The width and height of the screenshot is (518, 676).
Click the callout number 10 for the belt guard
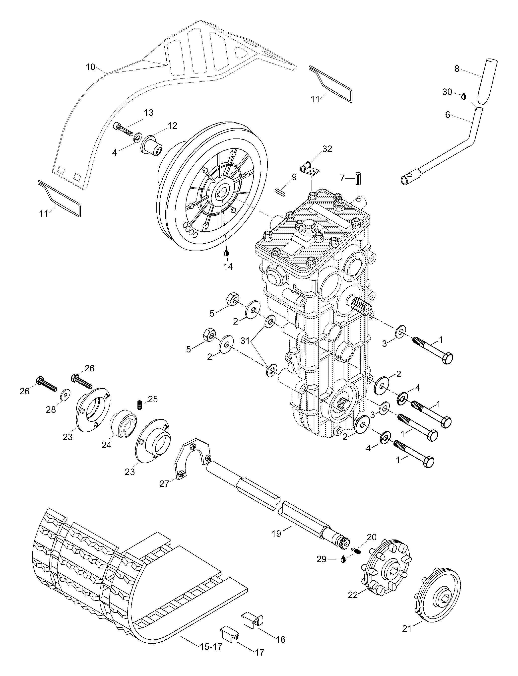click(x=90, y=67)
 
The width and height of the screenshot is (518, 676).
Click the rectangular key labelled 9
click(x=281, y=193)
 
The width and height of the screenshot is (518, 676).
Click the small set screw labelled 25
click(x=139, y=405)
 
